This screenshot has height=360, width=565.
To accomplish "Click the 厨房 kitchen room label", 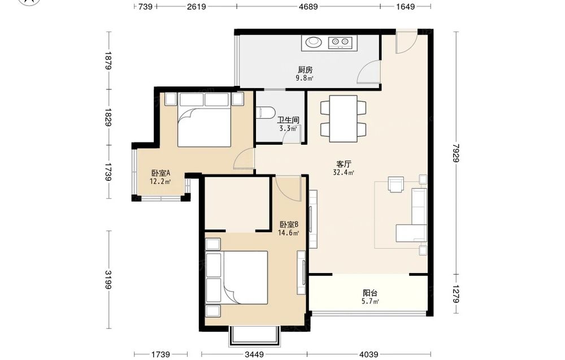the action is point(305,69).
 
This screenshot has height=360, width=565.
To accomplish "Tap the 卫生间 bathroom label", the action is point(288,120).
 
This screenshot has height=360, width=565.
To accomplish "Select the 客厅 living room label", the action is point(344,164).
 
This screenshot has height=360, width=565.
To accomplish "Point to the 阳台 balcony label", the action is point(370,293).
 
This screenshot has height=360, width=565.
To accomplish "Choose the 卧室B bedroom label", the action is point(289,224).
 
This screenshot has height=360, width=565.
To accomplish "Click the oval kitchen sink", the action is point(313,42).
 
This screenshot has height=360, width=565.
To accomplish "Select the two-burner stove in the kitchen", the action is point(340,42).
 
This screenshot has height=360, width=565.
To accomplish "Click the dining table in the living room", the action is point(344,119).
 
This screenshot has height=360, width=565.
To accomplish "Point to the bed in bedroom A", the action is point(205,120).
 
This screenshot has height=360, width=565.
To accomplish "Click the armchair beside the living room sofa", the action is point(395,184).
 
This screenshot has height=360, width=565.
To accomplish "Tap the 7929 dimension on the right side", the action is point(457,153).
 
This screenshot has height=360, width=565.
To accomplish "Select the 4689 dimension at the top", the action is point(308,6).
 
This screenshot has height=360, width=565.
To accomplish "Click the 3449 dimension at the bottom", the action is point(254,354).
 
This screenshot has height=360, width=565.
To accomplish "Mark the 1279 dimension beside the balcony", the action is point(457,294).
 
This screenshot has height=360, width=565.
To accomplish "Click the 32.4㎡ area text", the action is point(344,172).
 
